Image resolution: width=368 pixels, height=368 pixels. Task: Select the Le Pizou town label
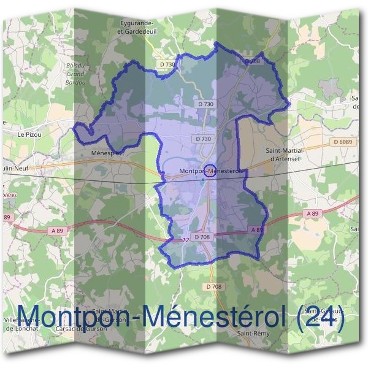pos(28,134)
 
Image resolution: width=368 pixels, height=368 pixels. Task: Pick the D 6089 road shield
pos(344,142)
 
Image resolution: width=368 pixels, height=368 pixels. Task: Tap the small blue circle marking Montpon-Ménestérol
pos(209,171)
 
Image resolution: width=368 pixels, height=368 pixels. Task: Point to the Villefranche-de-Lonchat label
pos(21,324)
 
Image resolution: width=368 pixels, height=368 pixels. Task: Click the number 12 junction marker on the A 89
pos(185,240)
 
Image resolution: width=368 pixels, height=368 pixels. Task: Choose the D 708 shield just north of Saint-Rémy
pos(213,287)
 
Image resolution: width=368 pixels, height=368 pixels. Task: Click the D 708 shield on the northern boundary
pos(253,61)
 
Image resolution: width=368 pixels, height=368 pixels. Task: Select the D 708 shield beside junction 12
pos(202,236)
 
